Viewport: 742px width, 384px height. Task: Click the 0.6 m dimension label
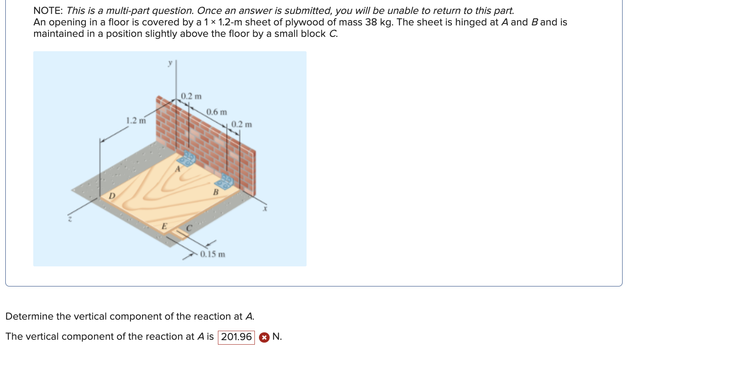(216, 112)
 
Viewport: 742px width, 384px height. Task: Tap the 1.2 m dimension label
(135, 120)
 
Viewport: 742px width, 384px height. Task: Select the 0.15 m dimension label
(212, 254)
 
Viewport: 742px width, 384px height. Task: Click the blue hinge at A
(188, 158)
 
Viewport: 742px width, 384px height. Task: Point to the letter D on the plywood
(112, 196)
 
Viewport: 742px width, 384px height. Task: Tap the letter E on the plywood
(164, 226)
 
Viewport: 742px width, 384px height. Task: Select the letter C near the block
(189, 228)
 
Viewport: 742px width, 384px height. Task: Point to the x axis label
(265, 209)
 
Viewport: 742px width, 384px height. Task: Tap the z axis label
(70, 220)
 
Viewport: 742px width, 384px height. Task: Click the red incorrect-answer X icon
(264, 337)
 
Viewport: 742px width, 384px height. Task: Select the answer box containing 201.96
(236, 337)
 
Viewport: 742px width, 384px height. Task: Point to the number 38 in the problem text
(371, 22)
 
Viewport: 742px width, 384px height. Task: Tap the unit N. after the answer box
(277, 336)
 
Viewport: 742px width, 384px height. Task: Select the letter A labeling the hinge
(178, 169)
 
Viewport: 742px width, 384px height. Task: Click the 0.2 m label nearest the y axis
(191, 96)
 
